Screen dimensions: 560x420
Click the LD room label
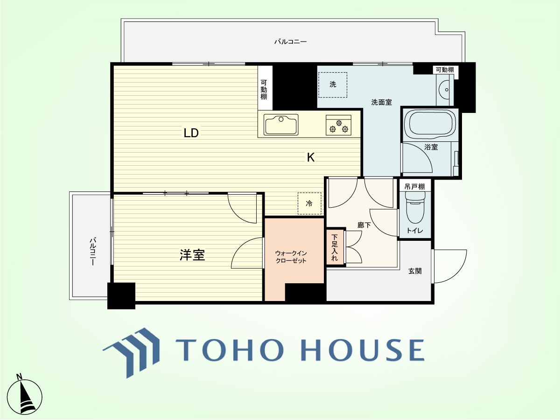tap(191, 133)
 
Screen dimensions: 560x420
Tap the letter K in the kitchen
tap(310, 157)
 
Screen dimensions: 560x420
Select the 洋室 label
tap(192, 255)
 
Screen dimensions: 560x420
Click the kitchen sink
tap(281, 125)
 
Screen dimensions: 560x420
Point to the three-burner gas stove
tap(338, 125)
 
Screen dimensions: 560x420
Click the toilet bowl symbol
tap(415, 207)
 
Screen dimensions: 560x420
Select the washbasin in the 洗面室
tap(445, 90)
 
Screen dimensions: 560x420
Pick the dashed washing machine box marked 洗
tap(332, 84)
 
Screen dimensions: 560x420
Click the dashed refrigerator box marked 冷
tap(309, 203)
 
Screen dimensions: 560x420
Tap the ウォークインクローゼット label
tap(291, 257)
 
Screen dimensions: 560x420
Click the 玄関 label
tap(415, 271)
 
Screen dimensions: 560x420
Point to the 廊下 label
tap(364, 225)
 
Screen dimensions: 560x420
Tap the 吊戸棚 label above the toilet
tap(414, 187)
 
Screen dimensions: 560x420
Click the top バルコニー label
tap(291, 42)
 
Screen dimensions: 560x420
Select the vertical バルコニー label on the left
tap(92, 252)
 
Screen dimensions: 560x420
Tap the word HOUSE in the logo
tap(363, 350)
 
